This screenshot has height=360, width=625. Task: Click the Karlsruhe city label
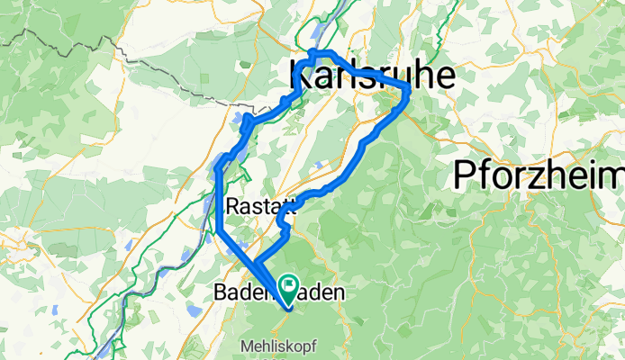371,79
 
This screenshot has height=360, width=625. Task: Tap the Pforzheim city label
539,172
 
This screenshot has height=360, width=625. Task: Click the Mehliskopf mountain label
278,346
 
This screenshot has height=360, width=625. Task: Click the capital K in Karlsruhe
300,79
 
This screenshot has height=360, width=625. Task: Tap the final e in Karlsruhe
444,79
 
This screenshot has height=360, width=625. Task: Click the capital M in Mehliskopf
246,346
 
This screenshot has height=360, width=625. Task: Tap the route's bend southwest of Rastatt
220,232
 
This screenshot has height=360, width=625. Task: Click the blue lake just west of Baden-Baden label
192,309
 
